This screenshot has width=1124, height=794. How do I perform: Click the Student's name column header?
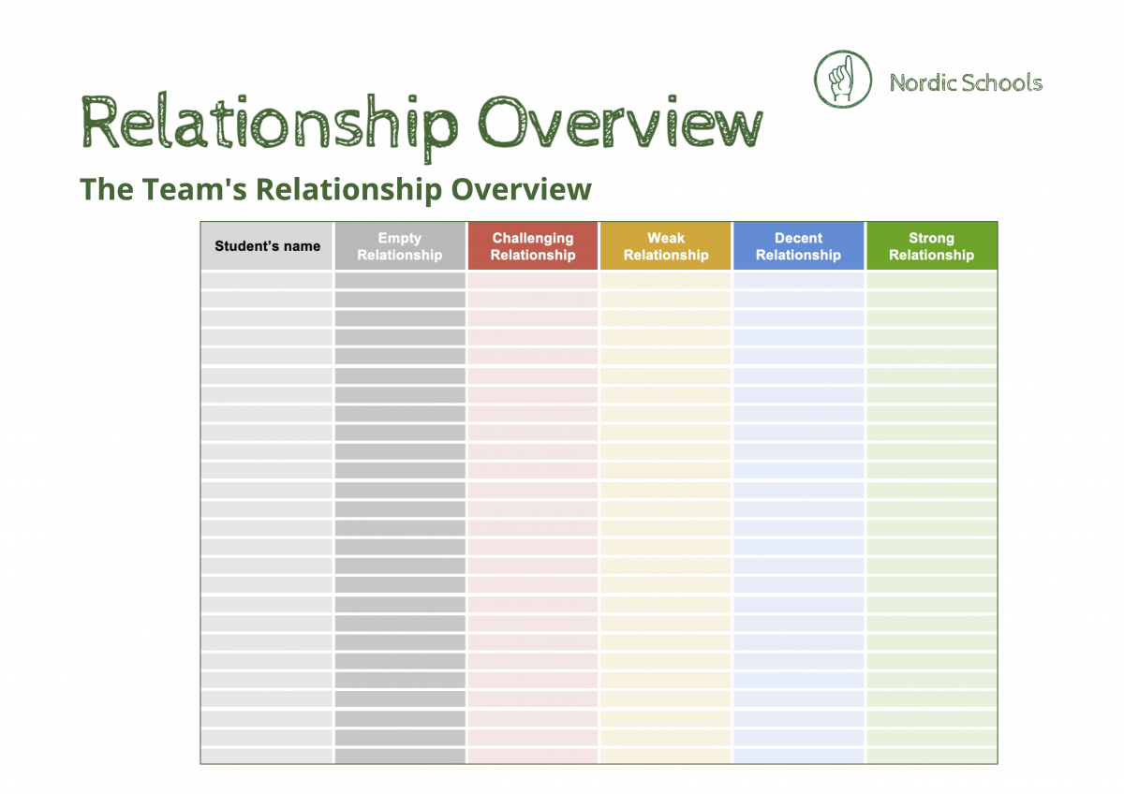(267, 246)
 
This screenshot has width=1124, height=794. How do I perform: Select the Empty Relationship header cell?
(400, 246)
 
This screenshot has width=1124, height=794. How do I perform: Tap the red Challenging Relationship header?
(533, 246)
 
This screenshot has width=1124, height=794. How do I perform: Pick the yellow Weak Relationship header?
(666, 246)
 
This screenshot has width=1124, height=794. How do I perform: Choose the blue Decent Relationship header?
(799, 246)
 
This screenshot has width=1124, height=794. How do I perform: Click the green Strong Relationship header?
(932, 246)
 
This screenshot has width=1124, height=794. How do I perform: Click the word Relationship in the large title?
(270, 124)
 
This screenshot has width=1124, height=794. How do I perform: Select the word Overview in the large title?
(620, 124)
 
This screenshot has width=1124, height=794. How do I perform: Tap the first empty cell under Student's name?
(267, 280)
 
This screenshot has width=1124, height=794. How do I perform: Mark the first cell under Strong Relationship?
(932, 280)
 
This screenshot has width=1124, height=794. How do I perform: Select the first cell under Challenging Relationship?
(533, 280)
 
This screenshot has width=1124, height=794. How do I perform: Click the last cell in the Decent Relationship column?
(799, 756)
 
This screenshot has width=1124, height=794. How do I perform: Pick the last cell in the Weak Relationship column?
(666, 756)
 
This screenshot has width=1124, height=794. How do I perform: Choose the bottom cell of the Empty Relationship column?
(400, 756)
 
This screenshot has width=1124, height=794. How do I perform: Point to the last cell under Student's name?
(267, 756)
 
